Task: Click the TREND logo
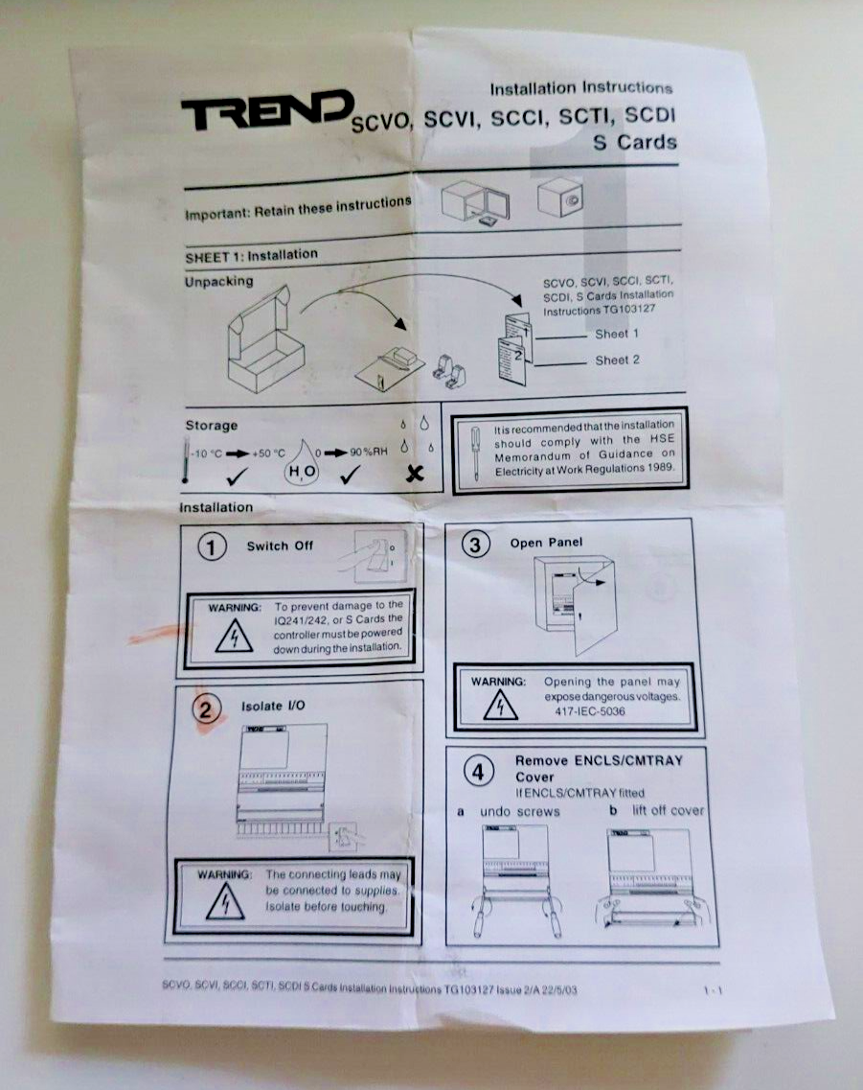pyautogui.click(x=267, y=112)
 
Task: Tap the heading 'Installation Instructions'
pyautogui.click(x=581, y=88)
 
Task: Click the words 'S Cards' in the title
pyautogui.click(x=634, y=143)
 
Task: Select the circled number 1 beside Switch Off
pyautogui.click(x=212, y=546)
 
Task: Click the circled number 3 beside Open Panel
pyautogui.click(x=475, y=544)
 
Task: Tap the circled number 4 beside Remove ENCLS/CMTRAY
pyautogui.click(x=480, y=770)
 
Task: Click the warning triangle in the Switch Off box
pyautogui.click(x=234, y=637)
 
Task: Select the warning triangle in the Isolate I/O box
pyautogui.click(x=224, y=903)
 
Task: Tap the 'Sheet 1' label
pyautogui.click(x=617, y=335)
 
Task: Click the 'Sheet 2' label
pyautogui.click(x=617, y=360)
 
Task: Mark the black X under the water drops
pyautogui.click(x=415, y=473)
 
